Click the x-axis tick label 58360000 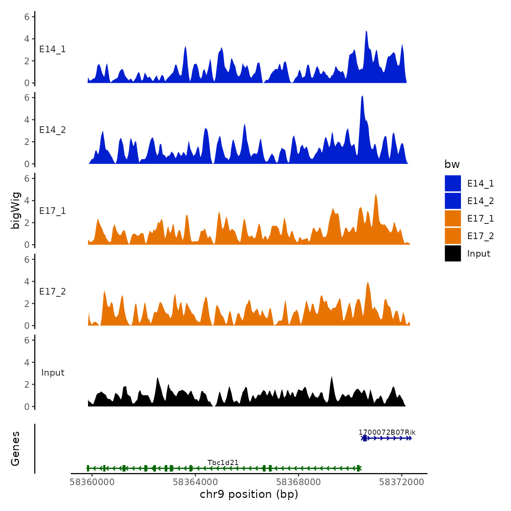(x=92, y=482)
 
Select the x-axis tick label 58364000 (x=195, y=482)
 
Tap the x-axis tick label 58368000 (x=298, y=482)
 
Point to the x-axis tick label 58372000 (x=401, y=482)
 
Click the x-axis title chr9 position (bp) (x=249, y=495)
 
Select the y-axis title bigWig (x=15, y=211)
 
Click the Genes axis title (x=15, y=449)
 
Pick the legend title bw (x=452, y=165)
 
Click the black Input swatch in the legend (x=453, y=253)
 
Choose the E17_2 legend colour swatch (x=453, y=236)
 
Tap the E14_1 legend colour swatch (x=453, y=183)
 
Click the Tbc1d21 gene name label (x=223, y=463)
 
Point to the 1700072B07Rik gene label (x=387, y=433)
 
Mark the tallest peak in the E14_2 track (x=362, y=96)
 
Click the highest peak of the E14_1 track (x=366, y=32)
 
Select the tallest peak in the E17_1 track (x=376, y=195)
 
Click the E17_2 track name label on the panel (x=53, y=292)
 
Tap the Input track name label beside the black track (x=53, y=373)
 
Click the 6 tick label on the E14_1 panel (x=27, y=17)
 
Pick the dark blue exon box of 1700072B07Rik (x=365, y=438)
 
